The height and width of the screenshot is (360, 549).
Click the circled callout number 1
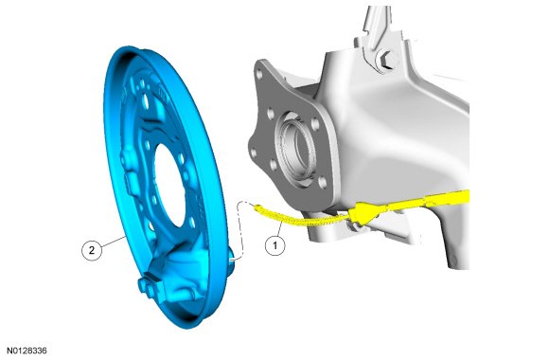(274, 245)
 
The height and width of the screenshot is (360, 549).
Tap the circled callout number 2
(92, 250)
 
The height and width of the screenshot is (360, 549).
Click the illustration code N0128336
(27, 351)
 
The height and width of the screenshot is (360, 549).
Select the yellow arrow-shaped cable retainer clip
(364, 213)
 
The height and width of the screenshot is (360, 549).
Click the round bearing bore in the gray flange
(296, 146)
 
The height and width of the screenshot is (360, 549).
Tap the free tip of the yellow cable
(257, 207)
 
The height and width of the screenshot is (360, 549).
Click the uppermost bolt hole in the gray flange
(259, 74)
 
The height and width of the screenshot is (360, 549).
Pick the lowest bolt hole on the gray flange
(323, 182)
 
